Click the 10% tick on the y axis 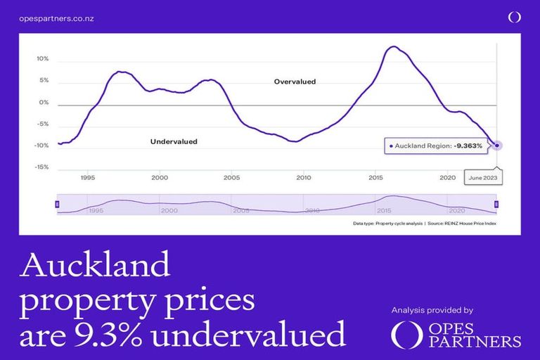(43, 59)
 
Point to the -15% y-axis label (42, 167)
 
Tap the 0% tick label (44, 103)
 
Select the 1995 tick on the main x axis (88, 178)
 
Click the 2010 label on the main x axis (304, 178)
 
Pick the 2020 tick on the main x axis (448, 178)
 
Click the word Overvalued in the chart (295, 82)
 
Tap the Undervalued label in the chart (174, 141)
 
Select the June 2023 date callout (483, 178)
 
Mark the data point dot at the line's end (497, 146)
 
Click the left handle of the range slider (57, 204)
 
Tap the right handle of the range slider (496, 204)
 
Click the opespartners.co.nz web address (56, 18)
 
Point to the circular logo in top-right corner (515, 17)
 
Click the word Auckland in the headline (96, 265)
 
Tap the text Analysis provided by (432, 310)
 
